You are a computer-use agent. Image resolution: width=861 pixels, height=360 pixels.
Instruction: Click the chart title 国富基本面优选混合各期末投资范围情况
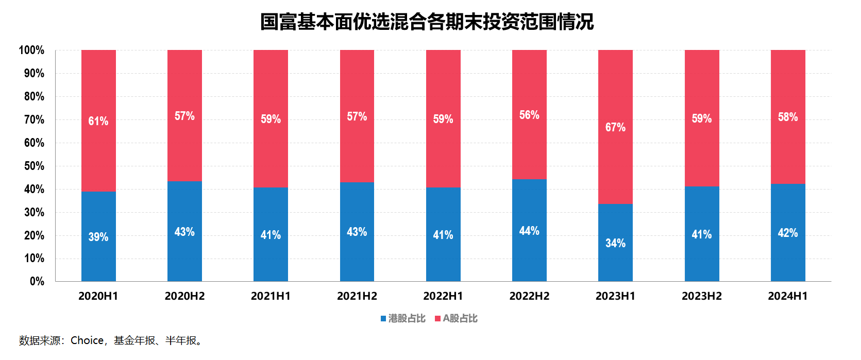pos(427,22)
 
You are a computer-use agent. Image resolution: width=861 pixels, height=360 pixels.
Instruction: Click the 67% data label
pos(615,127)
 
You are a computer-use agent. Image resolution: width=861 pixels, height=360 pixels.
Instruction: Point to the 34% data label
pos(615,243)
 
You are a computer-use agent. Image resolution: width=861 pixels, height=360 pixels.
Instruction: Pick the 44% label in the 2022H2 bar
pos(529,231)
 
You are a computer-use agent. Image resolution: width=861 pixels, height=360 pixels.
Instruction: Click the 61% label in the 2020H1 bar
pos(98,121)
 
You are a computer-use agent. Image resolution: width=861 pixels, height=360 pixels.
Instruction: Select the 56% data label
pos(529,115)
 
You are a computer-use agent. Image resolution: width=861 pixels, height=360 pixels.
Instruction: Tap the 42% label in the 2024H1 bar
pos(787,233)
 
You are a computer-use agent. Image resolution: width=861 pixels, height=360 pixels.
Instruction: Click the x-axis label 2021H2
pos(357,296)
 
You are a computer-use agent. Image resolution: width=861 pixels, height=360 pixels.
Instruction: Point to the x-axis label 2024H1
pos(787,296)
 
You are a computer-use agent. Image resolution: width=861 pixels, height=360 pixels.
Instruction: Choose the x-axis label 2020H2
pos(184,296)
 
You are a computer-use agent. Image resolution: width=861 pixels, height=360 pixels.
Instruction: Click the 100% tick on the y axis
pos(31,50)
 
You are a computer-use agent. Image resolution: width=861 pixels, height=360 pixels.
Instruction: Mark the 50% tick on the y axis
pos(34,166)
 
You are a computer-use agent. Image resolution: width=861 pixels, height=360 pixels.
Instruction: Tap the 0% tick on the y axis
pos(37,281)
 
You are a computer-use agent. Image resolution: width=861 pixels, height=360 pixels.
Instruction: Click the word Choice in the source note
pos(87,340)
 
